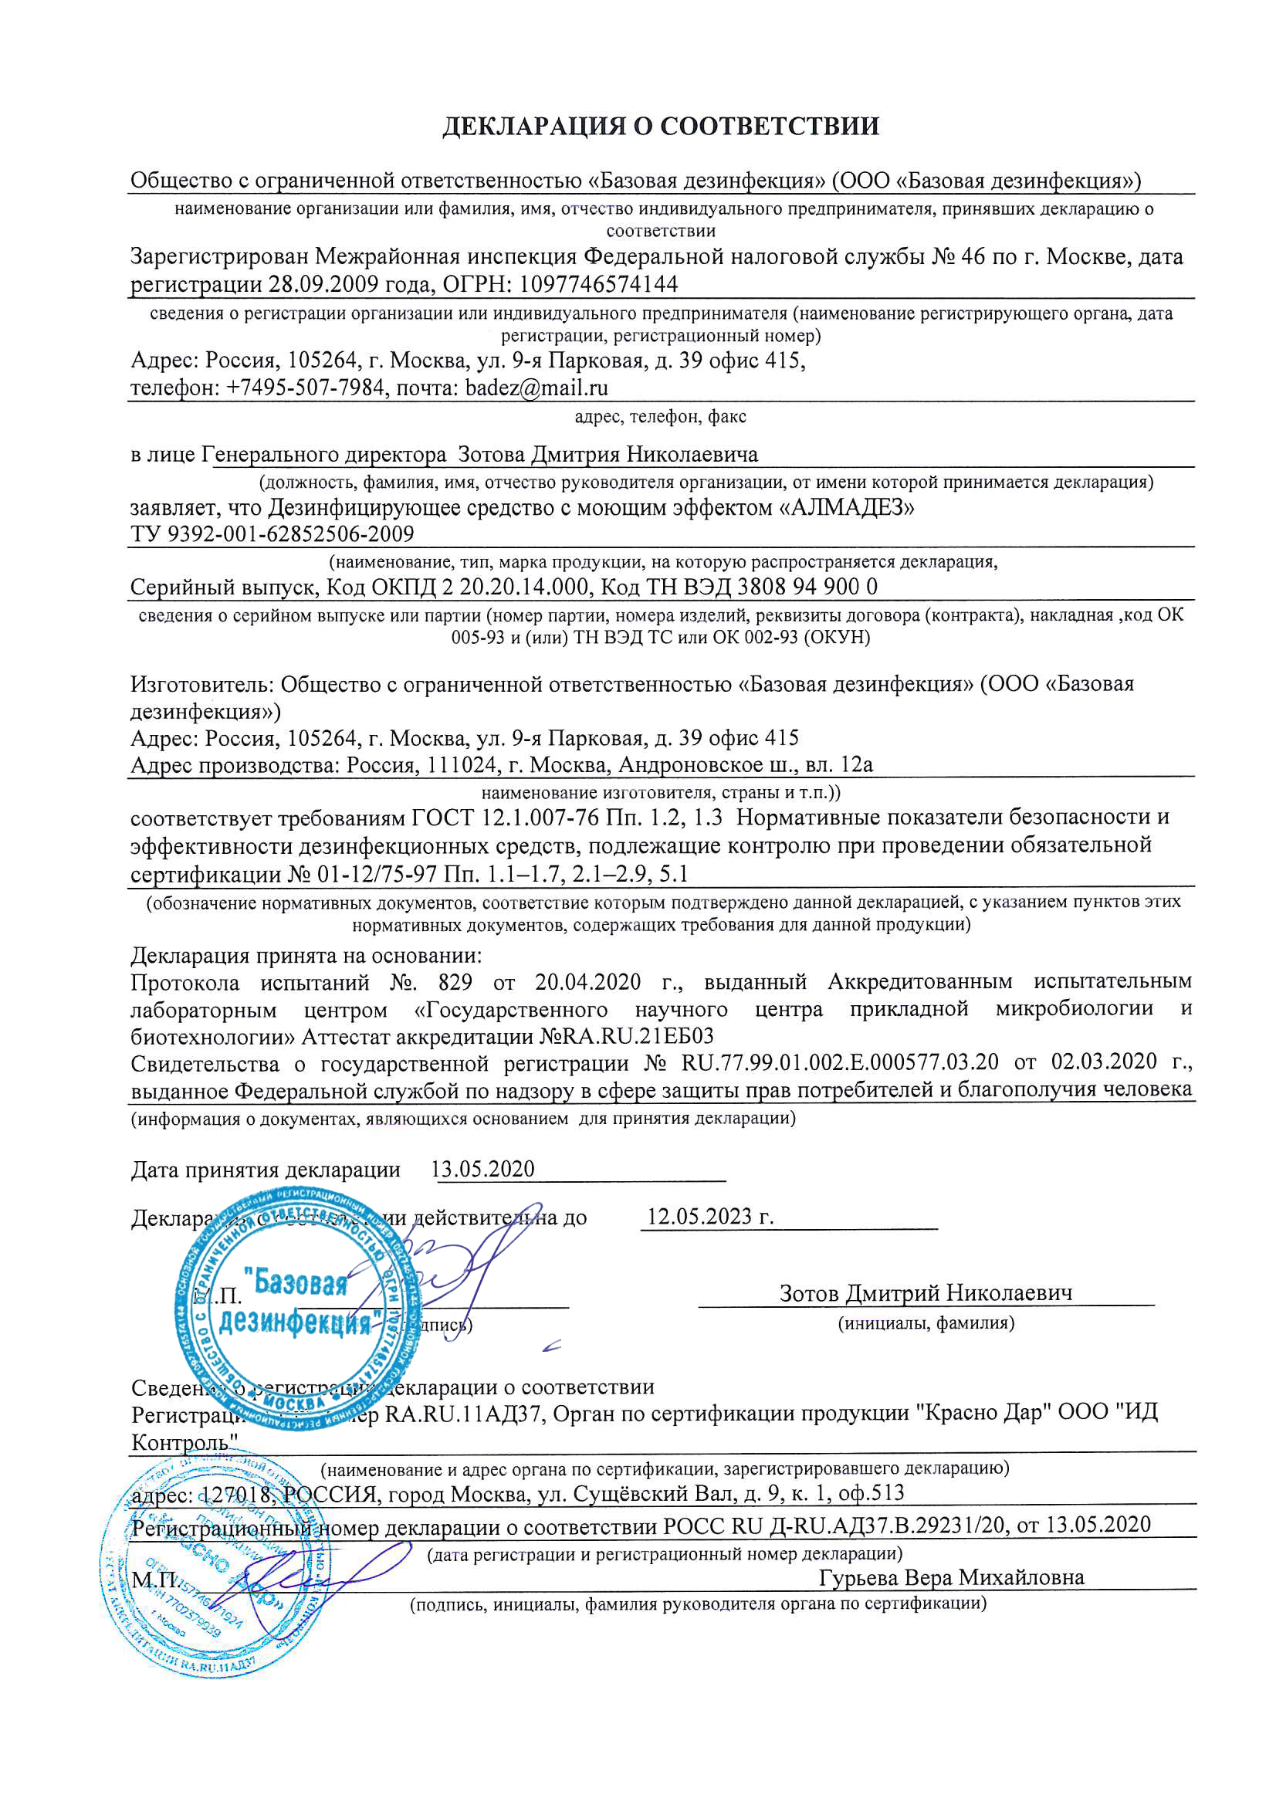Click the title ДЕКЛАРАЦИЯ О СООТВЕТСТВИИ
[x=661, y=127]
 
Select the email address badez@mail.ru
[x=536, y=388]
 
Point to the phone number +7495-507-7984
[x=306, y=388]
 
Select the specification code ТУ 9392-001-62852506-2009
[x=272, y=534]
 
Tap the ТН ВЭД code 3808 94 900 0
[x=807, y=588]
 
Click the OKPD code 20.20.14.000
[x=524, y=588]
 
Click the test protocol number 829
[x=456, y=983]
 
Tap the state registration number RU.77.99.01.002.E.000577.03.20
[x=840, y=1062]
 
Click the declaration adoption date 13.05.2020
[x=482, y=1169]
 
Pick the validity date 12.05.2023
[x=709, y=1216]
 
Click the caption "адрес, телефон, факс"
[x=661, y=416]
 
